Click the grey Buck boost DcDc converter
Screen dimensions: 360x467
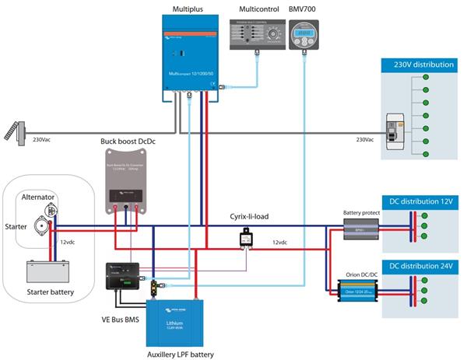point(126,181)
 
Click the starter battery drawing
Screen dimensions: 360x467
point(49,270)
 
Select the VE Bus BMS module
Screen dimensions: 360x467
point(123,278)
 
